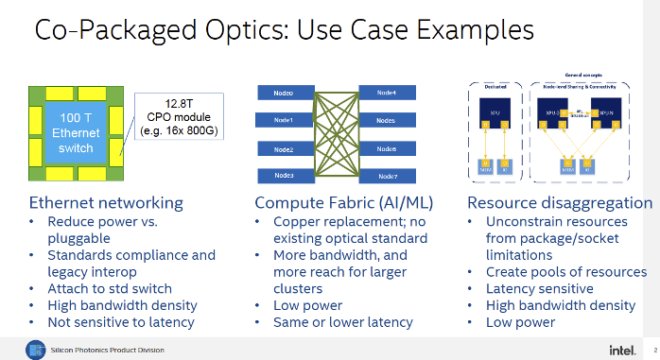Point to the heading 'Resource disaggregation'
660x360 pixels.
(x=560, y=202)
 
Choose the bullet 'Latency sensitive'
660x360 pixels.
(x=539, y=288)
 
